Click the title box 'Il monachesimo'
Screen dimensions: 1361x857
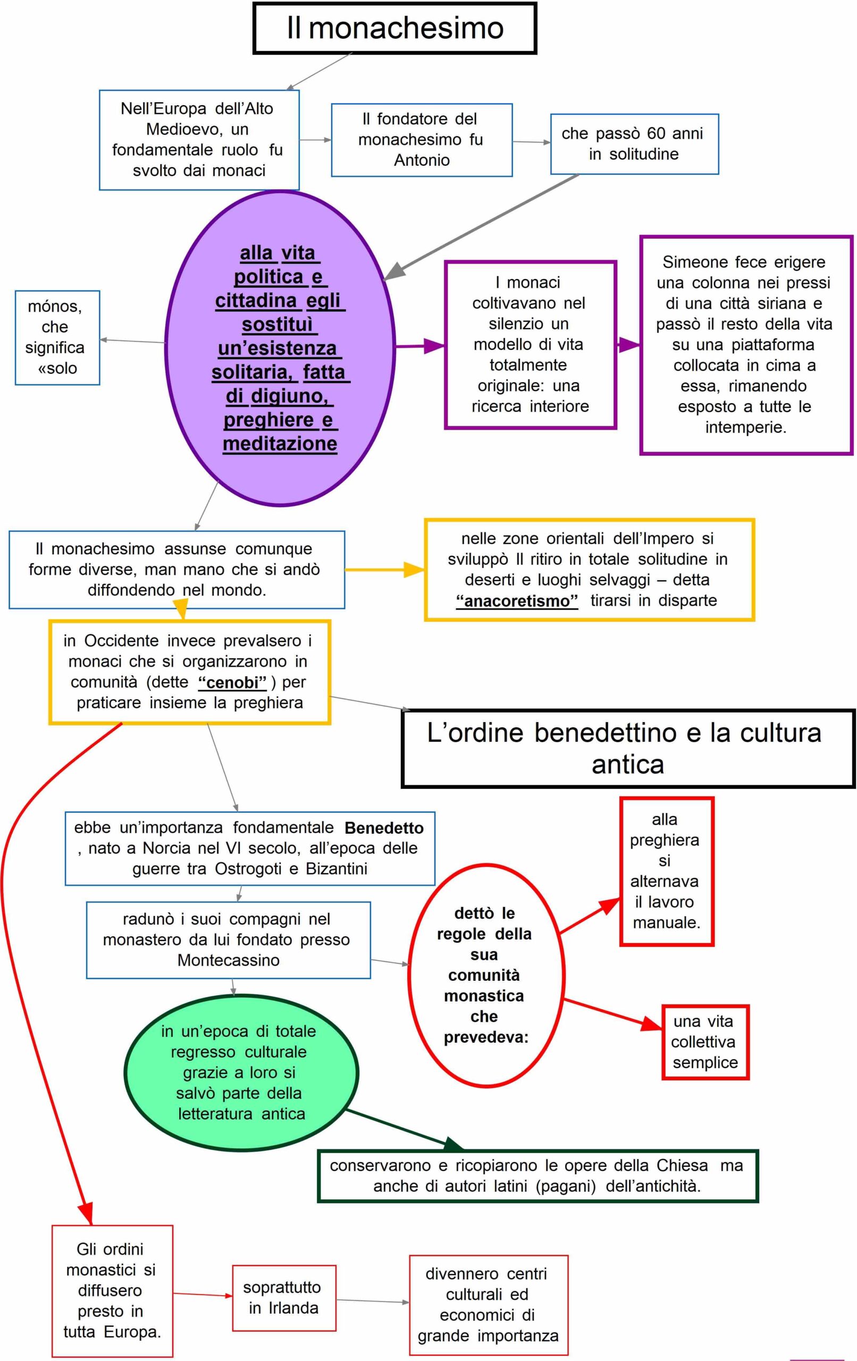[394, 28]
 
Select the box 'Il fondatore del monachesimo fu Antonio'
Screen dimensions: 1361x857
[421, 140]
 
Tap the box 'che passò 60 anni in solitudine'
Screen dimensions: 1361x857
[634, 144]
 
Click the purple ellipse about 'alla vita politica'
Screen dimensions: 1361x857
[279, 348]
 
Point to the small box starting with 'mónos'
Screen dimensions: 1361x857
[57, 338]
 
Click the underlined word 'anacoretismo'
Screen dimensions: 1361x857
[517, 600]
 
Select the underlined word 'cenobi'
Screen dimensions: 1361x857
[232, 683]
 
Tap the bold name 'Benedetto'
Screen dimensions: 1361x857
[384, 828]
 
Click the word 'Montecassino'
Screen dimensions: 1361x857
[229, 960]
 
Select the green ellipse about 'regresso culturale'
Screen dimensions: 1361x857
[241, 1072]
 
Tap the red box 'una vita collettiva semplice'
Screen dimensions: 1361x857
[705, 1041]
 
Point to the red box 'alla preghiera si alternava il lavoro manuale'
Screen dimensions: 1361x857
[666, 871]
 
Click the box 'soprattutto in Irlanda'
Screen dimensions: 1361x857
[284, 1298]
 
